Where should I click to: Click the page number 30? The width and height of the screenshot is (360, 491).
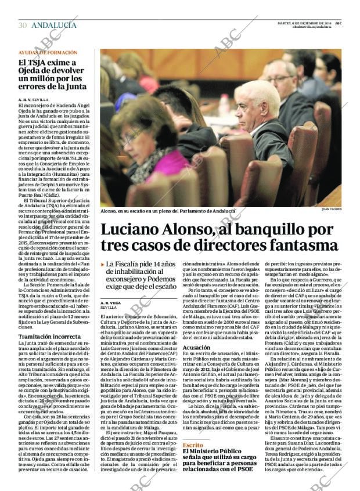click(x=23, y=25)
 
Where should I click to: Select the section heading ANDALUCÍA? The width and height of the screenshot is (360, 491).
click(x=53, y=25)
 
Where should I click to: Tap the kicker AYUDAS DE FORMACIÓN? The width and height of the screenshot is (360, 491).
click(x=47, y=52)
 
